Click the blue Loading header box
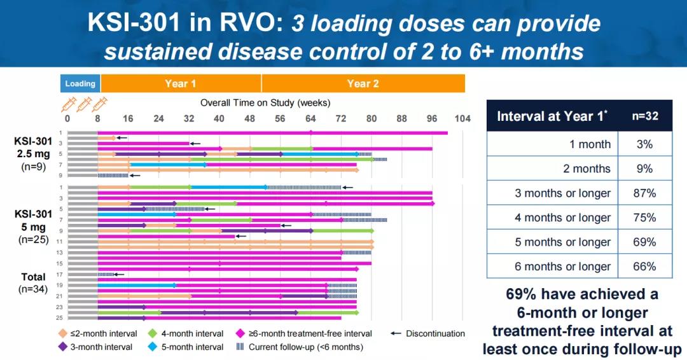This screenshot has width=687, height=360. pyautogui.click(x=80, y=83)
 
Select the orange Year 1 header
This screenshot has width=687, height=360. pyautogui.click(x=181, y=83)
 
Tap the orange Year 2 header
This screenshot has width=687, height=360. pyautogui.click(x=363, y=83)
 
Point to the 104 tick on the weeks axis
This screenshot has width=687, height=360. pyautogui.click(x=462, y=118)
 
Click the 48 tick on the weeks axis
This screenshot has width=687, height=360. pyautogui.click(x=250, y=118)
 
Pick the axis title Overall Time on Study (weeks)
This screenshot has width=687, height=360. pyautogui.click(x=265, y=102)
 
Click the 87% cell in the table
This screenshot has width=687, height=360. pyautogui.click(x=644, y=193)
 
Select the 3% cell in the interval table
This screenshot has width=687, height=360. pyautogui.click(x=644, y=144)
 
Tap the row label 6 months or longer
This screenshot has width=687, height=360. pyautogui.click(x=562, y=267)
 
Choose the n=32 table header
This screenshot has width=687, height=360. pyautogui.click(x=644, y=116)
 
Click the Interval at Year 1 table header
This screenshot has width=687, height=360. pyautogui.click(x=552, y=116)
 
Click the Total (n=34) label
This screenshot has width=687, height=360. pyautogui.click(x=34, y=282)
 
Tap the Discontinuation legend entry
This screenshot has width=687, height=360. pyautogui.click(x=434, y=333)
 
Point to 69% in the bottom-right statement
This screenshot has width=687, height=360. pyautogui.click(x=524, y=294)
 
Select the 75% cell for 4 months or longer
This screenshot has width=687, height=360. pyautogui.click(x=644, y=218)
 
